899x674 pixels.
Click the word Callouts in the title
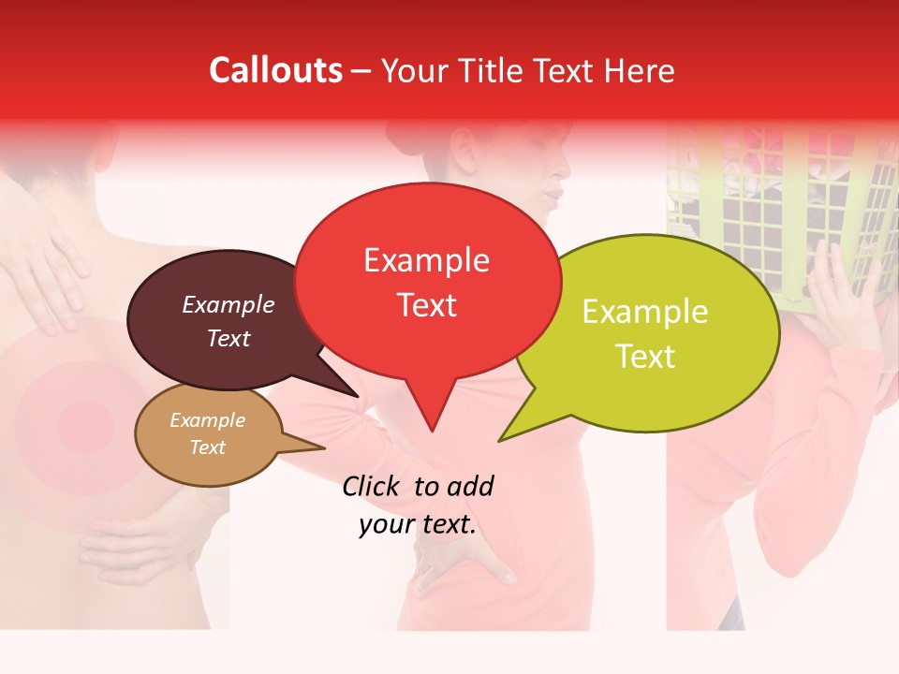click(x=275, y=70)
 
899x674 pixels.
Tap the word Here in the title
click(x=641, y=71)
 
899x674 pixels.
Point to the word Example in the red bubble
click(x=426, y=260)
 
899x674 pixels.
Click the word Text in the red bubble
click(x=426, y=305)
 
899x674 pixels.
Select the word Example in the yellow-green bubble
click(x=645, y=312)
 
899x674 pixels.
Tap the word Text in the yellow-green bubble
click(x=645, y=357)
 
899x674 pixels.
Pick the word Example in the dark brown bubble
click(x=228, y=305)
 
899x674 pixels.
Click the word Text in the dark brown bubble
click(x=228, y=339)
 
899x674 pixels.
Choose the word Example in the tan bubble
click(x=207, y=421)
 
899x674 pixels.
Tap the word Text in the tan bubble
click(x=207, y=447)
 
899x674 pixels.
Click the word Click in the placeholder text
click(x=373, y=486)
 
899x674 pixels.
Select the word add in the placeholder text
click(x=470, y=486)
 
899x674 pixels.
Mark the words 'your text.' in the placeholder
click(x=418, y=525)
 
